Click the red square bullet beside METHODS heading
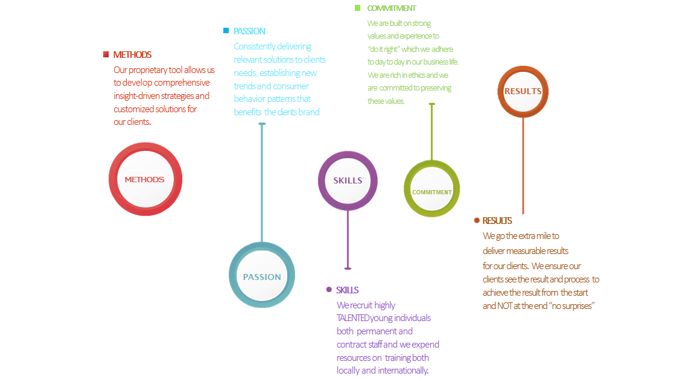[106, 54]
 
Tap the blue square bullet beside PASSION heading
[226, 31]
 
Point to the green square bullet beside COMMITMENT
[357, 8]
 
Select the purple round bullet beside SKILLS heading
[329, 290]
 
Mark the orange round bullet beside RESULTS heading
[477, 220]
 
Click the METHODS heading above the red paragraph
[132, 54]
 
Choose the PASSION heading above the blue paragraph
[249, 31]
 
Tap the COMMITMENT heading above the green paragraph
[392, 8]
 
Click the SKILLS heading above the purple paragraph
[347, 290]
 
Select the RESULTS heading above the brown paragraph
[497, 220]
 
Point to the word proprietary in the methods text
[148, 70]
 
